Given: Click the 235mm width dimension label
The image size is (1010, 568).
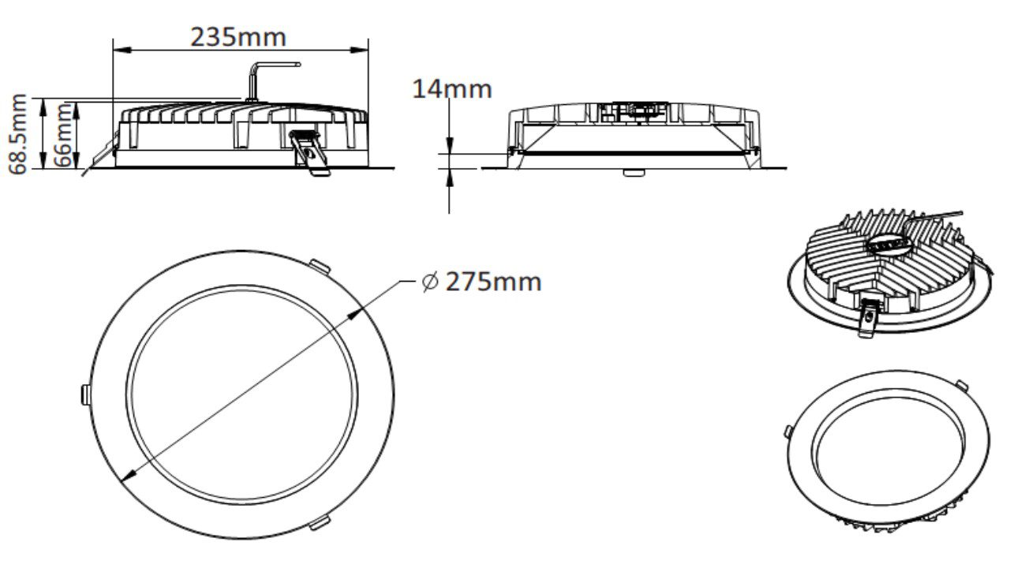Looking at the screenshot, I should [x=238, y=36].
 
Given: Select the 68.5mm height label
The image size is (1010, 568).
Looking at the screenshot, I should [x=18, y=132].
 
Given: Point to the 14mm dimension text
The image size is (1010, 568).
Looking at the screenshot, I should [x=452, y=88].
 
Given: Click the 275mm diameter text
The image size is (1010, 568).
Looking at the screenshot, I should [x=493, y=282].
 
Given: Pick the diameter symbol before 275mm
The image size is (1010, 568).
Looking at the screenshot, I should [x=430, y=282].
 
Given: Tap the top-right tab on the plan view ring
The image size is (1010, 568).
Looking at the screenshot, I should [x=320, y=263].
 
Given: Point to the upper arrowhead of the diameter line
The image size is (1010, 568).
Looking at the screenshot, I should [x=354, y=314].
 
